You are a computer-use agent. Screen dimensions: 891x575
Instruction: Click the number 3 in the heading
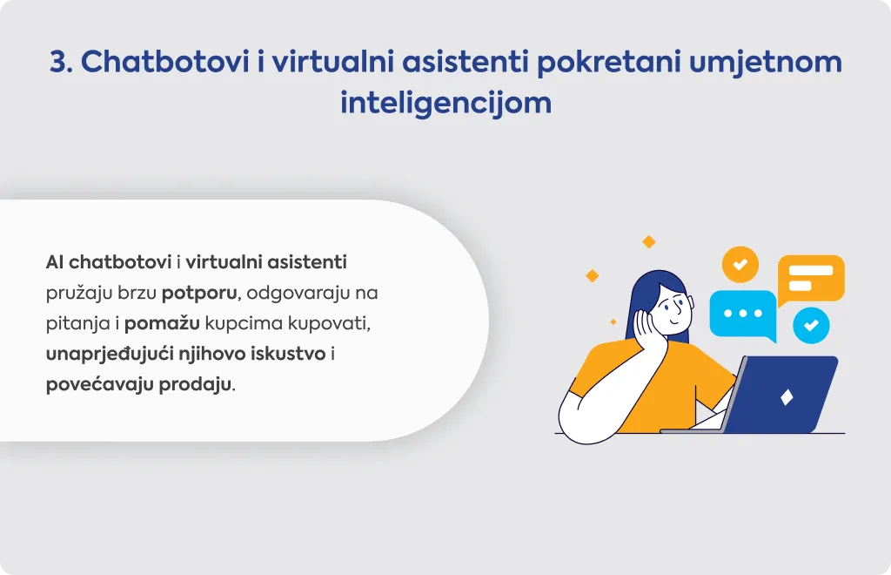[58, 62]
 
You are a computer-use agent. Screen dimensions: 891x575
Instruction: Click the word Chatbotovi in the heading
[164, 62]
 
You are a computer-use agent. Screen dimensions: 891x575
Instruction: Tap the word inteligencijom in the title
[446, 104]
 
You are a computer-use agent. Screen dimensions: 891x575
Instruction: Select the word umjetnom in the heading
[766, 62]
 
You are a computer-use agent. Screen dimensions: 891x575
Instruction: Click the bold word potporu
[199, 294]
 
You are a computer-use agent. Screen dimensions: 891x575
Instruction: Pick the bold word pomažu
[162, 323]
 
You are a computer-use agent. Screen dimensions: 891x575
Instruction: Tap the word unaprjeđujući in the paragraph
[110, 355]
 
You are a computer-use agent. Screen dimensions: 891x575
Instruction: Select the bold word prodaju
[195, 384]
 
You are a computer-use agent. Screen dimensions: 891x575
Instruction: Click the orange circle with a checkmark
[740, 265]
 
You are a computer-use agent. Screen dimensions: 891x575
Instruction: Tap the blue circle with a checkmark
[811, 325]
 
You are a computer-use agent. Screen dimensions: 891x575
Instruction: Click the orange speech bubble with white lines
[811, 280]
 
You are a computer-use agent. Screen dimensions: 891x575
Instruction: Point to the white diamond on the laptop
[787, 397]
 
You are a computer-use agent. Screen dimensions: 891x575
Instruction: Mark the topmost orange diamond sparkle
[649, 241]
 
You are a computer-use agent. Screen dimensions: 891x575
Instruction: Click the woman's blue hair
[645, 295]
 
